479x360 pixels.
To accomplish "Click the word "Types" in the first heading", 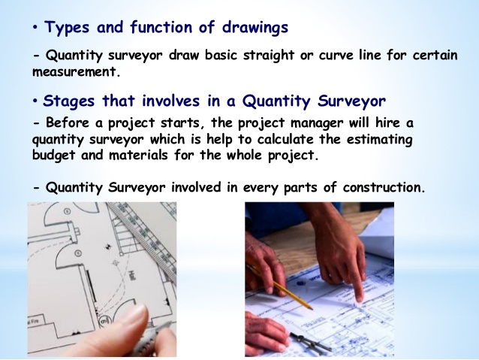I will [66, 29].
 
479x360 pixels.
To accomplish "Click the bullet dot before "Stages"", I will [36, 101].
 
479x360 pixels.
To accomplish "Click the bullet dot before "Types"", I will [36, 29].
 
